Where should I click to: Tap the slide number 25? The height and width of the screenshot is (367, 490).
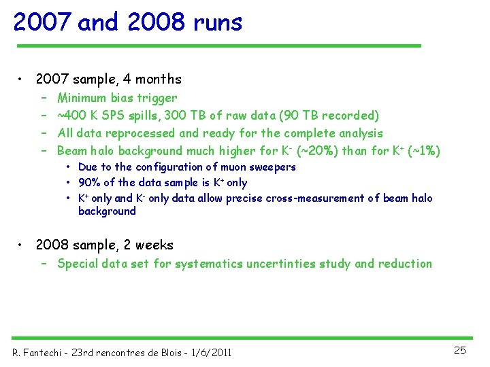tap(460, 351)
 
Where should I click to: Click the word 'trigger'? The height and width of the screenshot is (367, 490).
tap(157, 99)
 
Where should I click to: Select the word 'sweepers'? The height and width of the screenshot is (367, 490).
tap(272, 167)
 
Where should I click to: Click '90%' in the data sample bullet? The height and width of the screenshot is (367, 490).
tap(89, 183)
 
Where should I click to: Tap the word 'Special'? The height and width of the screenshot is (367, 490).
tap(79, 264)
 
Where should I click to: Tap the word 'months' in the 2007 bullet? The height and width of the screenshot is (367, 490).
tap(159, 80)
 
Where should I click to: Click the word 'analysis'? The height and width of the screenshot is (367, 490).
tap(360, 133)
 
